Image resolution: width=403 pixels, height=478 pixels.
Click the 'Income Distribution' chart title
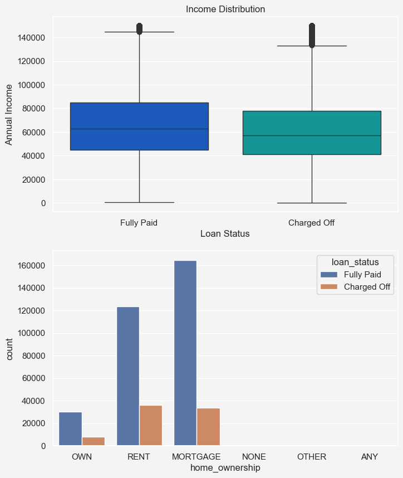(225, 9)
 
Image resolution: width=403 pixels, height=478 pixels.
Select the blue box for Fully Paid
(139, 126)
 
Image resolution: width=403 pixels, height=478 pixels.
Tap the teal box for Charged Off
(312, 133)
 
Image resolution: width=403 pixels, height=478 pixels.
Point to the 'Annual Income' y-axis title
(9, 115)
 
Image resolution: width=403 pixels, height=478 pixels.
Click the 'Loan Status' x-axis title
(225, 234)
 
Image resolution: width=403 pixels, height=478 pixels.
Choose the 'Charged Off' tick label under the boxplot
(312, 223)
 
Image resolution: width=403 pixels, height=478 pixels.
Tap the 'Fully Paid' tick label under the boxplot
(139, 223)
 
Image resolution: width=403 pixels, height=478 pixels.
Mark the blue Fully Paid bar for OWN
(70, 428)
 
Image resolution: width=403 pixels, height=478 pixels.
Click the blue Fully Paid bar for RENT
(128, 376)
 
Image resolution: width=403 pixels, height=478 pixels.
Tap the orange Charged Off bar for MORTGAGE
(208, 427)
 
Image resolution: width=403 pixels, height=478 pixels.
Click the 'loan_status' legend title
(355, 262)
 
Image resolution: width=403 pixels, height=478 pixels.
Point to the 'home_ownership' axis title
(225, 469)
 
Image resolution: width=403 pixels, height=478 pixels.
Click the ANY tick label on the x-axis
(369, 457)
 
